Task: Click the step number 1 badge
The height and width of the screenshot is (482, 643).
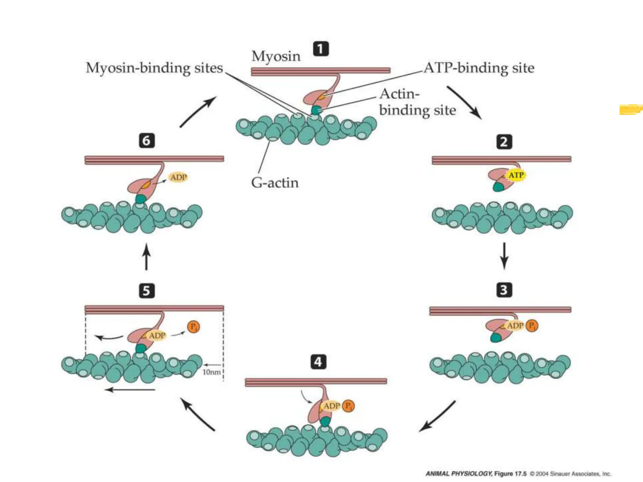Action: click(321, 49)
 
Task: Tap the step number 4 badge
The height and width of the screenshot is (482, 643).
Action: click(318, 362)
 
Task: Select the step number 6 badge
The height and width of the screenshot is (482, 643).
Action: click(147, 140)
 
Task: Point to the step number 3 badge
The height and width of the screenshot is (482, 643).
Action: click(504, 290)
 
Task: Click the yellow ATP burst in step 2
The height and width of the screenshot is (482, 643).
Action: click(516, 175)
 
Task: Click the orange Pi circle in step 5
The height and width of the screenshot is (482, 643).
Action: click(193, 327)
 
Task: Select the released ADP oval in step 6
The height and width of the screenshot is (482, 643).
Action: click(178, 177)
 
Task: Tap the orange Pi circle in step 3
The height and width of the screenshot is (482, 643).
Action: click(532, 325)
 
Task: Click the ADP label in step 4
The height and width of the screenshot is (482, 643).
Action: click(332, 406)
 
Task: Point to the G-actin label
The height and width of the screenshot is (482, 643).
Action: click(275, 183)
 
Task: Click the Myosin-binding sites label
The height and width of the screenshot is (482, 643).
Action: click(154, 68)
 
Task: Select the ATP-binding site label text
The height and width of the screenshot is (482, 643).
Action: click(479, 68)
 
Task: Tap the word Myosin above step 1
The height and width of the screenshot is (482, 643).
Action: click(276, 56)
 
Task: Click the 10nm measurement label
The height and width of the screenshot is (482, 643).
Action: click(211, 372)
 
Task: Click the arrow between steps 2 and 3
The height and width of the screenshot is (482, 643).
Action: click(504, 255)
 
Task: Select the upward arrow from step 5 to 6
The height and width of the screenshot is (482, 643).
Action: click(146, 256)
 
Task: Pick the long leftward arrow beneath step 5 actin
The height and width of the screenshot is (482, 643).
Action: click(130, 390)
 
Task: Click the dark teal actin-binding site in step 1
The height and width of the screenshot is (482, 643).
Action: click(316, 110)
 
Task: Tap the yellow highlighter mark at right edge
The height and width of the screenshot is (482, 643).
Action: click(630, 110)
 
